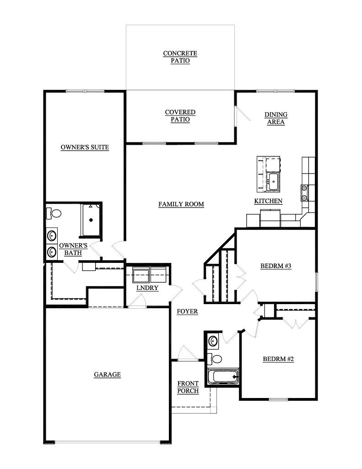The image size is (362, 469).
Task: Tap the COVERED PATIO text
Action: (x=180, y=116)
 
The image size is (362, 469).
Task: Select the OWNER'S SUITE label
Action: (x=85, y=147)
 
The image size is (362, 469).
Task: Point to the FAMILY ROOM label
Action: (x=181, y=204)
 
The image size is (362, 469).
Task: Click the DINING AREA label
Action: (x=276, y=118)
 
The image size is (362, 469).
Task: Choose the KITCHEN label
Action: (x=268, y=201)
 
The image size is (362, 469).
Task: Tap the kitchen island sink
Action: (x=273, y=181)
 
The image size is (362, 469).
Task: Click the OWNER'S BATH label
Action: (x=73, y=249)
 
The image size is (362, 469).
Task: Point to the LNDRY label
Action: (x=147, y=288)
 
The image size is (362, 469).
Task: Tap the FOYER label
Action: (x=187, y=311)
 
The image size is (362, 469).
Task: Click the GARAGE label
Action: (x=107, y=374)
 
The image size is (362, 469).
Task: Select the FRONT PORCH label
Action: (x=188, y=387)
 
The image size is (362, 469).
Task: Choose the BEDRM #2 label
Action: (x=278, y=359)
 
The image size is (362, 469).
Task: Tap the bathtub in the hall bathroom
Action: (x=223, y=377)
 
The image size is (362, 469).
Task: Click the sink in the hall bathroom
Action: (x=213, y=341)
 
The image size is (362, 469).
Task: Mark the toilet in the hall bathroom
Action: (x=215, y=358)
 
